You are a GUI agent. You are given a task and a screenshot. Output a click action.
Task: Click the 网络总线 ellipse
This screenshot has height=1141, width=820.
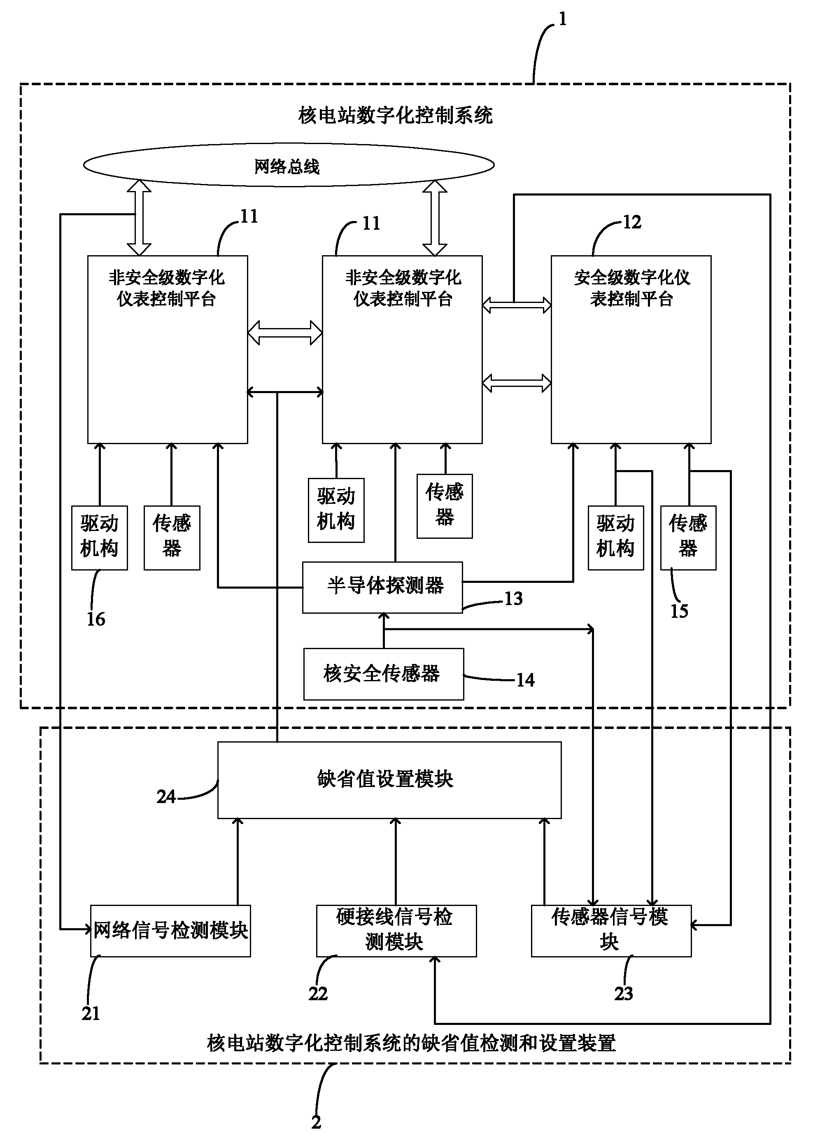click(x=288, y=165)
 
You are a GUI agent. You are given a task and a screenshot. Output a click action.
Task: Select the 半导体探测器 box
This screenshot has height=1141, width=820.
click(x=382, y=587)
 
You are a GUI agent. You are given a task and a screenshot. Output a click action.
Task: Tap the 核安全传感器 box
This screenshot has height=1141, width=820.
click(x=383, y=674)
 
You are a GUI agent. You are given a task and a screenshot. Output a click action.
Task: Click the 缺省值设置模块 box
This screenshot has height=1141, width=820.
click(x=389, y=779)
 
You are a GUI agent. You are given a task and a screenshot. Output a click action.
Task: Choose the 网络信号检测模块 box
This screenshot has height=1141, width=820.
click(x=170, y=930)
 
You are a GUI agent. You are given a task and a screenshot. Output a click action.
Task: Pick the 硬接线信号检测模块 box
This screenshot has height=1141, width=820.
click(x=396, y=930)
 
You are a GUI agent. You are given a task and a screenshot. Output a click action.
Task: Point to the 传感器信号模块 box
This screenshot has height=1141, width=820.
click(x=611, y=930)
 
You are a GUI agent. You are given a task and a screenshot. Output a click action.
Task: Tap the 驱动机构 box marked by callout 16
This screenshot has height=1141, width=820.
click(x=100, y=537)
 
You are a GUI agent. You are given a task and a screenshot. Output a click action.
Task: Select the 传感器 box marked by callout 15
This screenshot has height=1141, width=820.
click(x=688, y=537)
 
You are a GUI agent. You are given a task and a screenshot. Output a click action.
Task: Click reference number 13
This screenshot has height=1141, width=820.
click(x=513, y=598)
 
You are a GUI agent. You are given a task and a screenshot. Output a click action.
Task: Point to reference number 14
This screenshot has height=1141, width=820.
click(x=525, y=680)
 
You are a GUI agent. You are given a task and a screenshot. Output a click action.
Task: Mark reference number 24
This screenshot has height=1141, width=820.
click(x=165, y=796)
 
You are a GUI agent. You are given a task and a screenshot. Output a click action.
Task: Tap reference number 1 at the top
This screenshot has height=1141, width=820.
click(x=563, y=19)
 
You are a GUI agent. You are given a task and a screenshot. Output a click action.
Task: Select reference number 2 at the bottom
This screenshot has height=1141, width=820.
click(x=316, y=1122)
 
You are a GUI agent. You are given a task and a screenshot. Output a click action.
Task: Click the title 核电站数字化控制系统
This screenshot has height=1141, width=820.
click(x=396, y=115)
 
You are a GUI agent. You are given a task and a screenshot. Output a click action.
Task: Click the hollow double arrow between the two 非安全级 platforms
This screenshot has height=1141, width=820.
click(x=285, y=333)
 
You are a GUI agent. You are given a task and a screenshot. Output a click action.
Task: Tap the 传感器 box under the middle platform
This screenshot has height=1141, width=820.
click(x=444, y=505)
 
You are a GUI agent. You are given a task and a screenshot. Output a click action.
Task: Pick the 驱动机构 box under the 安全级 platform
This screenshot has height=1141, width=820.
click(x=615, y=537)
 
